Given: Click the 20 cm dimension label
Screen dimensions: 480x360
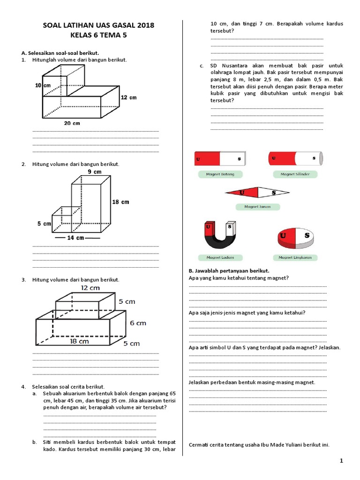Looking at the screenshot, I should pyautogui.click(x=72, y=123).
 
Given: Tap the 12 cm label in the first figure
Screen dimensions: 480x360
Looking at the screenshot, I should pyautogui.click(x=128, y=97).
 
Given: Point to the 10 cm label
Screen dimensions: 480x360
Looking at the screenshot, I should pyautogui.click(x=43, y=86).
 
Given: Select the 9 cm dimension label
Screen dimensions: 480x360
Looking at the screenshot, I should pyautogui.click(x=94, y=172).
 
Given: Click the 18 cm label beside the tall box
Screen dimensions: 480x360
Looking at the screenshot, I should pyautogui.click(x=120, y=202).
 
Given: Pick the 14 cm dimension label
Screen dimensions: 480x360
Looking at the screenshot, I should pyautogui.click(x=75, y=238).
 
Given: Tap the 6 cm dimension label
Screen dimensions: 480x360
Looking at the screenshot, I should pyautogui.click(x=138, y=323).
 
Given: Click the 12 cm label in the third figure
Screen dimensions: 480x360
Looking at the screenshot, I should pyautogui.click(x=90, y=287).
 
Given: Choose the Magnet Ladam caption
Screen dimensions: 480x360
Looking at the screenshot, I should pyautogui.click(x=220, y=257).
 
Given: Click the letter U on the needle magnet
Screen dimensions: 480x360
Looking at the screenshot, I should pyautogui.click(x=242, y=192).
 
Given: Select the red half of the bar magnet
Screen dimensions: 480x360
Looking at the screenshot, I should pyautogui.click(x=206, y=159).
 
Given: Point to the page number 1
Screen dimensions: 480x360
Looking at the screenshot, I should pyautogui.click(x=341, y=461).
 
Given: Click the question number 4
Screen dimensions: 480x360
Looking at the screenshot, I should pyautogui.click(x=23, y=386).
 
